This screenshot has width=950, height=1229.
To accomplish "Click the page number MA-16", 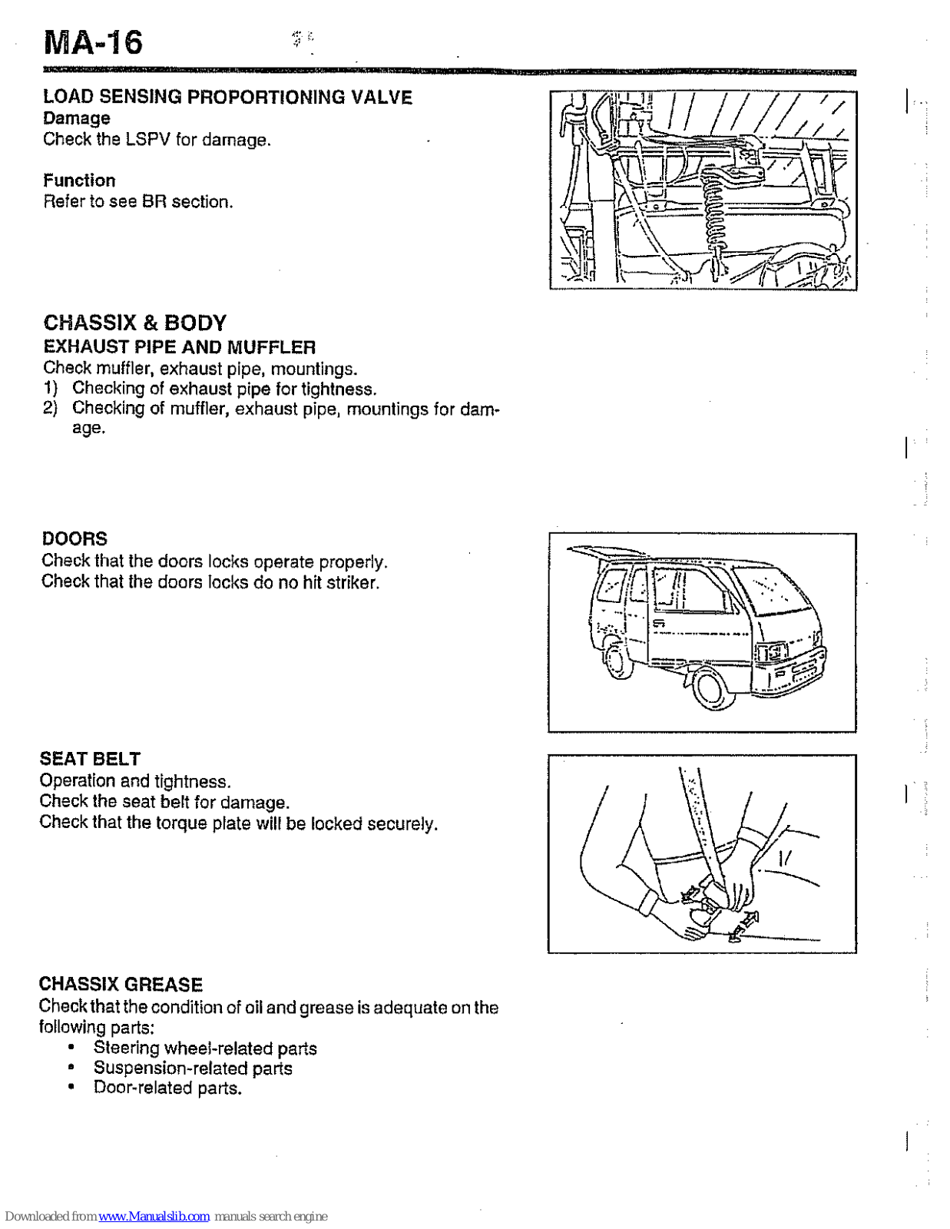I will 93,42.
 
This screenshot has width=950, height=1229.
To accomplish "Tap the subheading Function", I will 79,181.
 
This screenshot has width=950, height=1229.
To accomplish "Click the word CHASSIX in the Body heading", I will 88,323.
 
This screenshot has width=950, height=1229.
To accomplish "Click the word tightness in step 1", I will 338,389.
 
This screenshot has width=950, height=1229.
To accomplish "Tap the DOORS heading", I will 74,538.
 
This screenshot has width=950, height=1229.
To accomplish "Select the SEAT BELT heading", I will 90,759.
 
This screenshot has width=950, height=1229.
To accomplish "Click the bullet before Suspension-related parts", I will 71,1068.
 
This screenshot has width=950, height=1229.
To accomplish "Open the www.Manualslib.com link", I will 154,1217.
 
